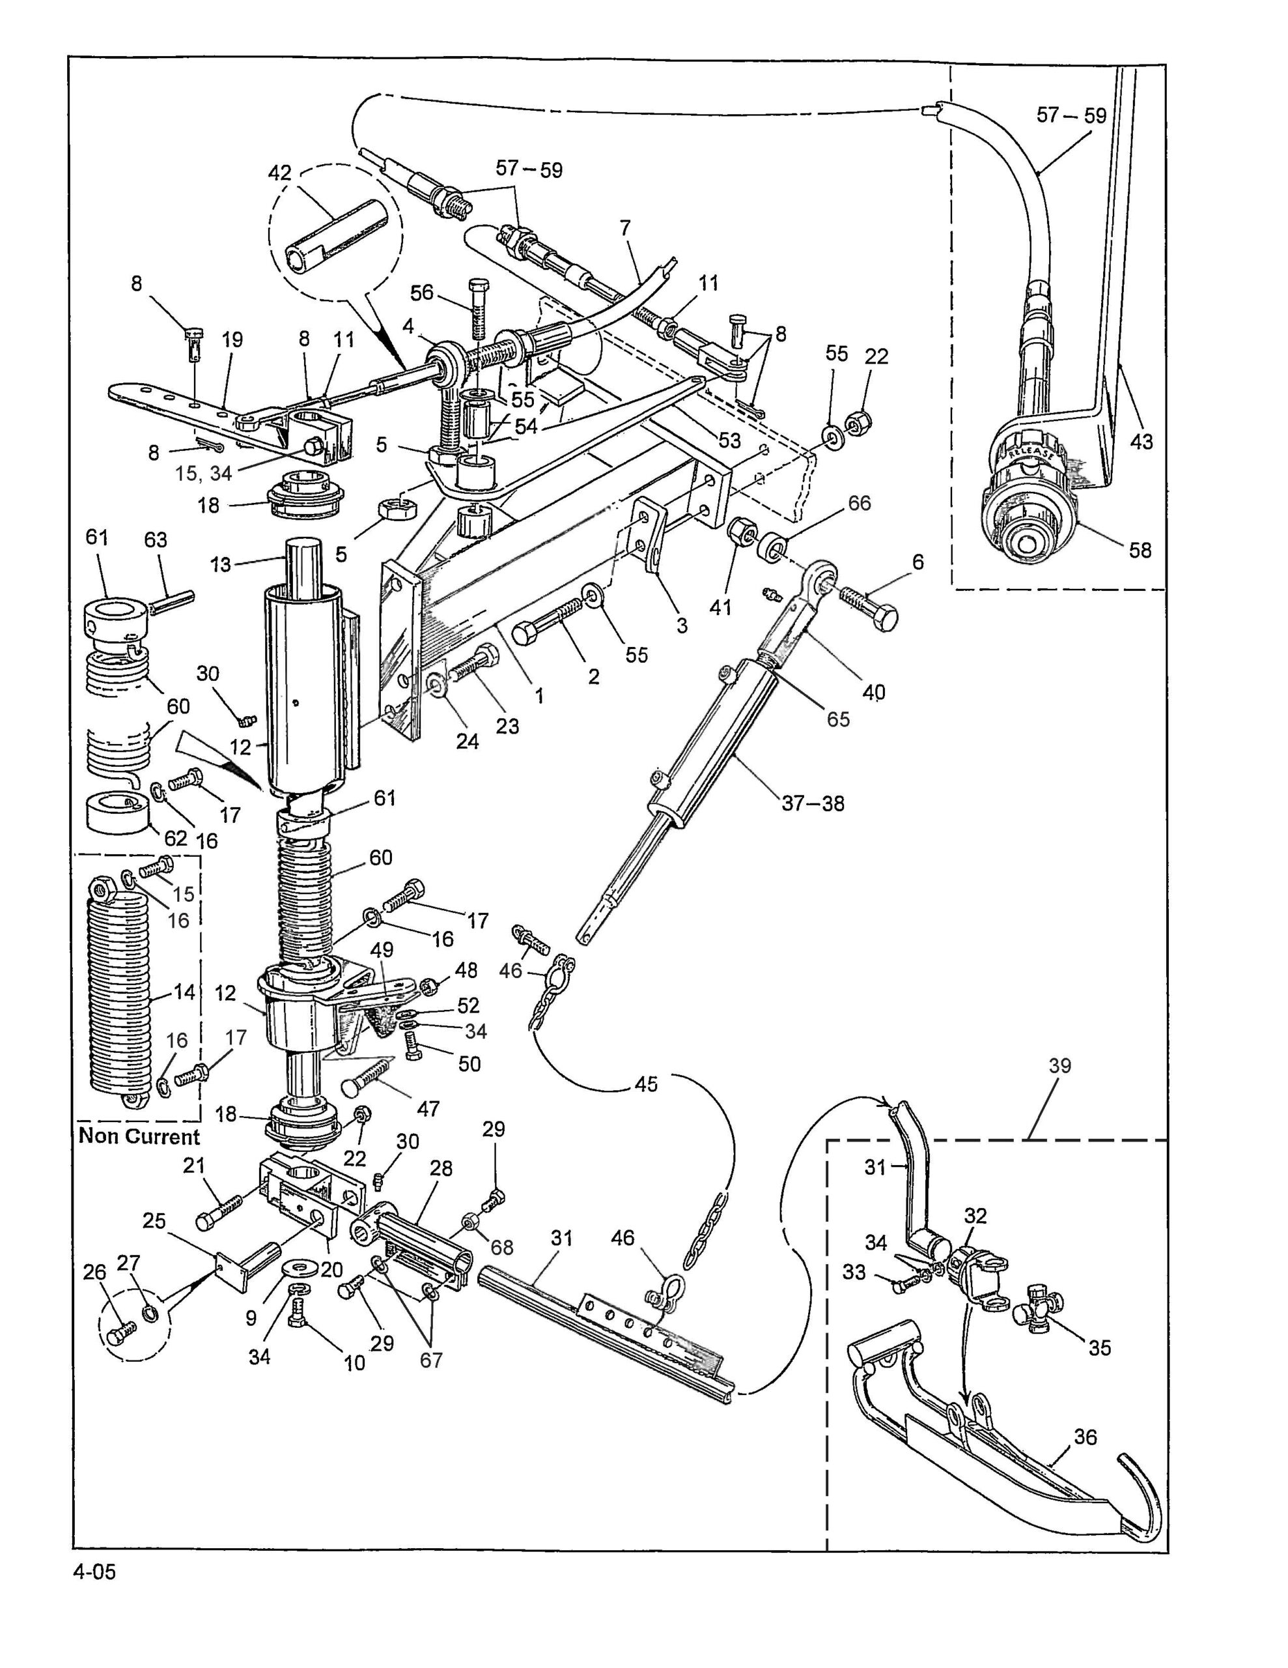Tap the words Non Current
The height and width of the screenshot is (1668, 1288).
pos(139,1136)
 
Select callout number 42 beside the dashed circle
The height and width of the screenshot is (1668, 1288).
pos(280,173)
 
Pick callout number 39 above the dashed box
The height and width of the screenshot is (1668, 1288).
pos(1059,1065)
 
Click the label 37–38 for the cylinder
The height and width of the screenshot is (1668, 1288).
pos(813,803)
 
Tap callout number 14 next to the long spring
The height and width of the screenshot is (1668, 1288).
pos(184,992)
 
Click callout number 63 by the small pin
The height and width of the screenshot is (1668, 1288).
pos(156,540)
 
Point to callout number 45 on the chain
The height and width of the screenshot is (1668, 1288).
pos(646,1084)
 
